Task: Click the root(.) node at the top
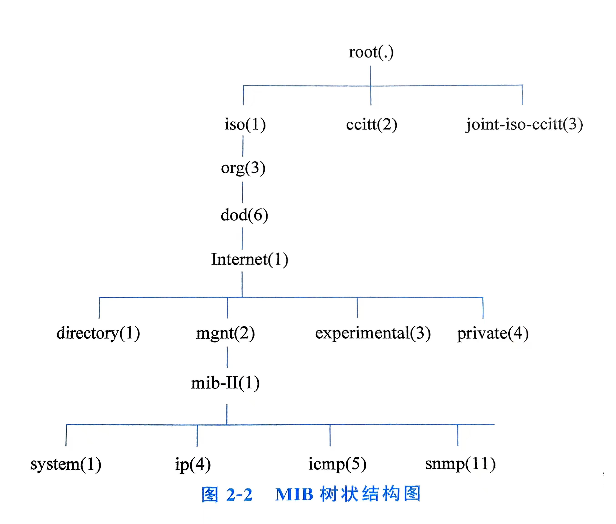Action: point(371,53)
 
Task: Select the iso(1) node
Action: point(245,124)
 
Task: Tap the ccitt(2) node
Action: point(371,124)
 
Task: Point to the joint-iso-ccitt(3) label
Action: point(524,124)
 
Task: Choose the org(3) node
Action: point(243,168)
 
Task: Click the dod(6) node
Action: point(244,215)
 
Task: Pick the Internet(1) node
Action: point(250,259)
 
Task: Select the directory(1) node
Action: point(98,333)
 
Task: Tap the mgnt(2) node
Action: point(225,333)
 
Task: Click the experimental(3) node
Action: point(373,333)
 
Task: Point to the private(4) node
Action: point(492,333)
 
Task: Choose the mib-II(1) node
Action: point(225,383)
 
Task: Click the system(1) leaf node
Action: point(66,464)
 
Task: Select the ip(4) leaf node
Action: point(193,464)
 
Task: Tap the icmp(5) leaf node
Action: point(337,464)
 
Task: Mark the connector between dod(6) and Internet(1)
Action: point(242,238)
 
